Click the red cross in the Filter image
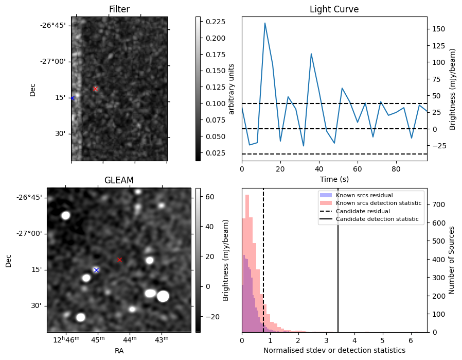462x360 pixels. (95, 89)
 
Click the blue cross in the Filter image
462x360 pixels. (73, 98)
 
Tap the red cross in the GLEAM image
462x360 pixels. (120, 260)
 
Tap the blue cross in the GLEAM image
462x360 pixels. (96, 270)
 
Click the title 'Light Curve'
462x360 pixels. (334, 9)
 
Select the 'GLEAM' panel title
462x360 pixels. (119, 180)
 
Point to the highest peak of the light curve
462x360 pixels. (265, 23)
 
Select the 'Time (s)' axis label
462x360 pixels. (334, 178)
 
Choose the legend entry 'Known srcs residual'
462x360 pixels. (364, 195)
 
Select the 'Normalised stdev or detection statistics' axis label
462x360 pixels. (334, 350)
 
